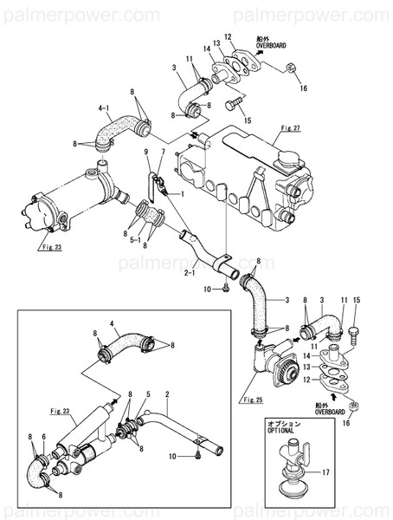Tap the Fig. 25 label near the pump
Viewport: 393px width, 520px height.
click(x=253, y=400)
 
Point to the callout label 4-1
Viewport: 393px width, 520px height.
click(x=105, y=108)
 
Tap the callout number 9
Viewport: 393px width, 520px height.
click(x=162, y=153)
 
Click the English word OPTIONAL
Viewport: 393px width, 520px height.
click(x=282, y=429)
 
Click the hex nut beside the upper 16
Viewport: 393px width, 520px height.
click(x=292, y=67)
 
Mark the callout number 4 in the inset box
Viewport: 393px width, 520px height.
click(x=112, y=327)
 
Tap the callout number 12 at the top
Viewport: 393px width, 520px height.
click(x=229, y=36)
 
